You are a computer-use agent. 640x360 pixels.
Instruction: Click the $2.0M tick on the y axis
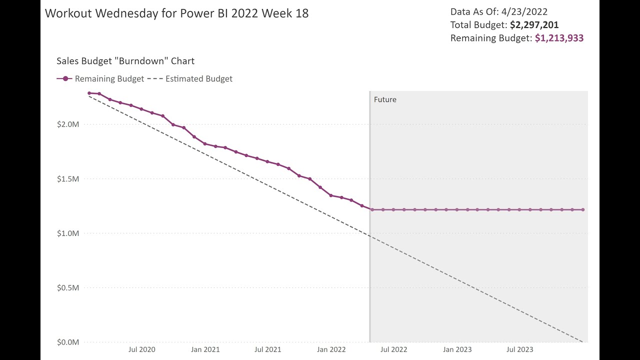pos(68,124)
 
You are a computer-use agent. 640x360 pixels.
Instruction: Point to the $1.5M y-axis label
pos(68,178)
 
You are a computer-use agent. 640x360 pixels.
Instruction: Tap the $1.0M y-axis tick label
pos(68,233)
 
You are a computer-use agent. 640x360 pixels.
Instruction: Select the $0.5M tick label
pos(68,287)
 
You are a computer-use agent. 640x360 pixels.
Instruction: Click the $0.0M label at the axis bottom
pos(68,342)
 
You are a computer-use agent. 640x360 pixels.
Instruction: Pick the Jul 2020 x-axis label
pos(141,349)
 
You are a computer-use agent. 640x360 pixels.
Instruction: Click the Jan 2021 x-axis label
pos(205,349)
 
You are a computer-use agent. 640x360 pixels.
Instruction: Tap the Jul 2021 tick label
pos(267,349)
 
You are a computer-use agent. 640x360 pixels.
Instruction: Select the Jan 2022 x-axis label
pos(331,349)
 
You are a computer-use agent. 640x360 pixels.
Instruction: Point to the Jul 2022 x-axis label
pos(393,349)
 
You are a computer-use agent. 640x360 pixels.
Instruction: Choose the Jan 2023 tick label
pos(457,349)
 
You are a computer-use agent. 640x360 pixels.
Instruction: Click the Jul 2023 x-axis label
pos(519,349)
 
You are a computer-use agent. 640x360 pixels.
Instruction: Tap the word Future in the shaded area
pos(385,99)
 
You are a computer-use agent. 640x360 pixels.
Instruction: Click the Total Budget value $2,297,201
pos(534,24)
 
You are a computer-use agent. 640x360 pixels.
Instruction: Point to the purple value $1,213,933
pos(559,38)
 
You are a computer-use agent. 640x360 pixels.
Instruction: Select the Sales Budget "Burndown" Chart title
pos(125,61)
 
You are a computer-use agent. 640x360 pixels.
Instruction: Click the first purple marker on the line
pos(89,93)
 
